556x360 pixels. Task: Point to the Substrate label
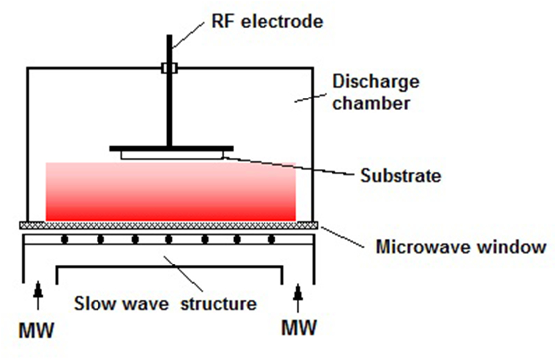(x=401, y=176)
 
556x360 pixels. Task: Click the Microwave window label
(x=461, y=246)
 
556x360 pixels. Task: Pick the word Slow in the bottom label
(x=94, y=304)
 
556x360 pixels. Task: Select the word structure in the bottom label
(x=221, y=304)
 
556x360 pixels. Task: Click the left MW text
(x=37, y=331)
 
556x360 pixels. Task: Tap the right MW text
(x=299, y=327)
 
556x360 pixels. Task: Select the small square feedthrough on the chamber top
(x=169, y=68)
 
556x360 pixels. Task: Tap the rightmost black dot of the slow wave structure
(x=271, y=239)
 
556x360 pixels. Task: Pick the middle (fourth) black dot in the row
(x=168, y=239)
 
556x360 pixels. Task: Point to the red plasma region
(x=170, y=194)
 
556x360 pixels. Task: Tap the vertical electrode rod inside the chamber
(x=168, y=111)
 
